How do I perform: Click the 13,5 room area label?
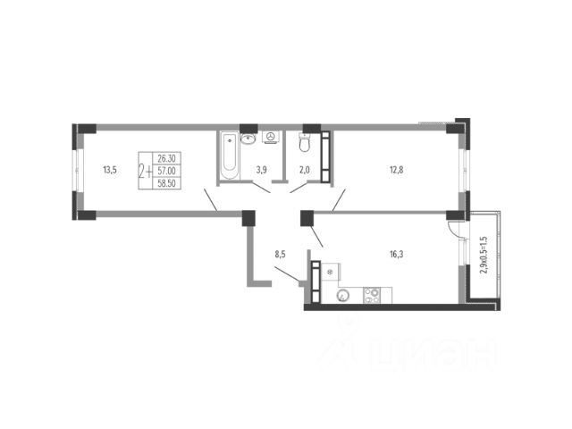110,170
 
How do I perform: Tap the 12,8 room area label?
396,170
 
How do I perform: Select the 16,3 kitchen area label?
397,254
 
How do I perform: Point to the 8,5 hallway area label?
280,254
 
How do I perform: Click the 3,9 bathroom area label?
262,170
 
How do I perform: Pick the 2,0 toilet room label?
304,170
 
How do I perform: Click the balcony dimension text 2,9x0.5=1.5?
484,255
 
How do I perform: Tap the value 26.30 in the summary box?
167,158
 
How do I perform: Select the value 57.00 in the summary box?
167,171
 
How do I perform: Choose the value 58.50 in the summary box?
167,183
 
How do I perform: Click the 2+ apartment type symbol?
145,171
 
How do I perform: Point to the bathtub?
229,156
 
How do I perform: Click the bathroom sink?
248,139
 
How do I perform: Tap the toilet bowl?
304,143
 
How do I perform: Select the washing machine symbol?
271,137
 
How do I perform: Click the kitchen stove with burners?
372,295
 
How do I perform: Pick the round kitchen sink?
343,295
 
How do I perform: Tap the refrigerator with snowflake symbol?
330,272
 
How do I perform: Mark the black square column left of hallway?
248,218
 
